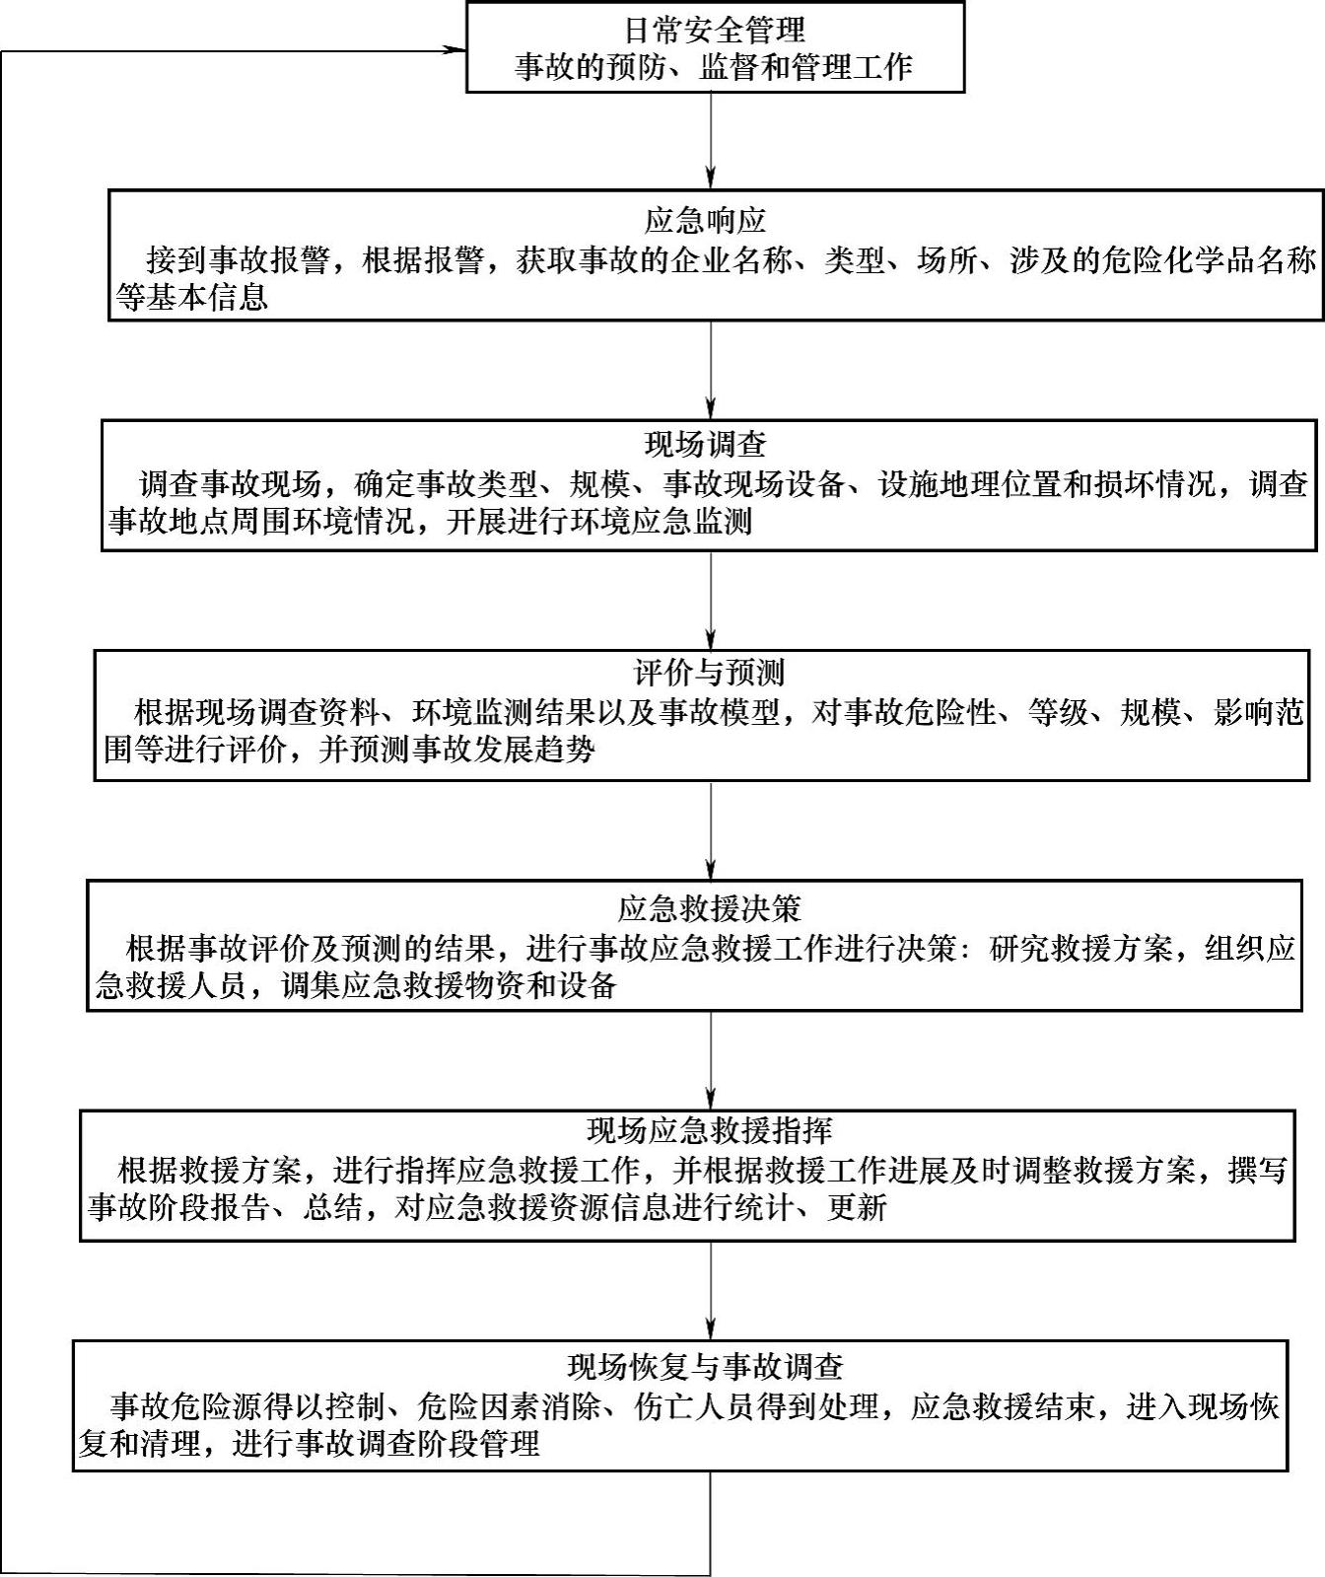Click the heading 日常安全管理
[x=715, y=30]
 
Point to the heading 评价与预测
[x=708, y=673]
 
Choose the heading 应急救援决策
[x=709, y=907]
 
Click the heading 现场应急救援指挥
[x=709, y=1130]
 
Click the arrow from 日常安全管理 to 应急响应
[x=710, y=138]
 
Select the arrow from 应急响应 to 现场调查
[x=710, y=370]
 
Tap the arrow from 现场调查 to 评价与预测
[x=710, y=600]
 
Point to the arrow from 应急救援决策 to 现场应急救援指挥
[x=710, y=1060]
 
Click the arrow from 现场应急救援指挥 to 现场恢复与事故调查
[x=710, y=1290]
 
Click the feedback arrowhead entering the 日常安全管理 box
[x=455, y=50]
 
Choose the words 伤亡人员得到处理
[x=756, y=1405]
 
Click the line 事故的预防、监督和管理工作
[x=714, y=67]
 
